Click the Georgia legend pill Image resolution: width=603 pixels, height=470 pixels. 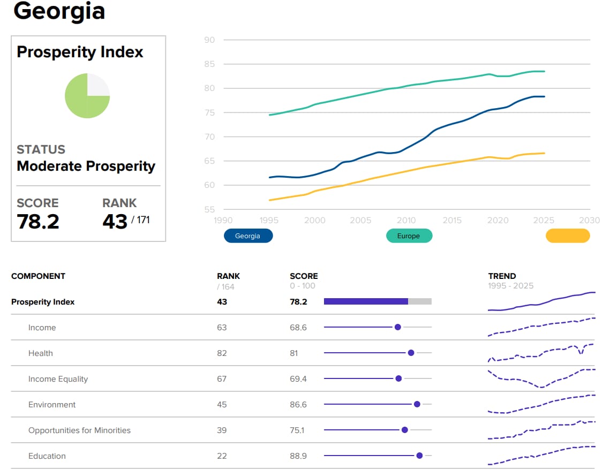click(248, 236)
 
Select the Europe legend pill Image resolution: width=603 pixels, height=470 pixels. click(409, 236)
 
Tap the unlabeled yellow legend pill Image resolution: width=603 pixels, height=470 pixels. click(568, 236)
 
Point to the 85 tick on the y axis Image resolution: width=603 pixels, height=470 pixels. click(209, 64)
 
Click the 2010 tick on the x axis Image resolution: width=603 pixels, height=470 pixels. click(406, 220)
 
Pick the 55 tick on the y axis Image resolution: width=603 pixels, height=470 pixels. click(209, 209)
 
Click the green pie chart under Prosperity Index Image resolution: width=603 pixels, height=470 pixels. click(87, 96)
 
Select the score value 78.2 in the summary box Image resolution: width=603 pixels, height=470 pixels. click(38, 222)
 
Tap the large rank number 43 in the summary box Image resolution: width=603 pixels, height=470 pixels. click(115, 222)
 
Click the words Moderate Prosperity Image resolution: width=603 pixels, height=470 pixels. click(86, 166)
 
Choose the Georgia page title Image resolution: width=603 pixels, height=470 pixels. click(59, 11)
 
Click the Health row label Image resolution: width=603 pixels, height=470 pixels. click(40, 353)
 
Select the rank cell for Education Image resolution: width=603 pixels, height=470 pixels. click(222, 456)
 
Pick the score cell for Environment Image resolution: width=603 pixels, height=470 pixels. click(298, 404)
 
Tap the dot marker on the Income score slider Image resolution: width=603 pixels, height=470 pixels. click(398, 327)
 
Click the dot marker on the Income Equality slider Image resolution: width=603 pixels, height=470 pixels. click(398, 378)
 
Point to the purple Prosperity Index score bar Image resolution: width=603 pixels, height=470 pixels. click(366, 301)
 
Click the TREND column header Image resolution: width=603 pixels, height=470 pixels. click(502, 276)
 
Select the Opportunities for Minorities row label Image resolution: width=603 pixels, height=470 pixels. click(79, 430)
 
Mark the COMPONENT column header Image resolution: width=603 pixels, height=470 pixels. click(38, 276)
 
